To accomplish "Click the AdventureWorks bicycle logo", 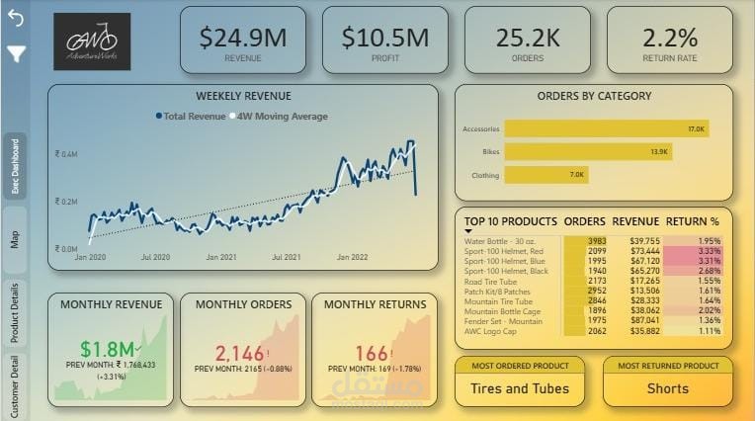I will (x=92, y=41).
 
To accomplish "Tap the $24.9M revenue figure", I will (x=243, y=38).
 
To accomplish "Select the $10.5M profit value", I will (x=384, y=38).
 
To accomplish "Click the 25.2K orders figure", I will (x=528, y=38).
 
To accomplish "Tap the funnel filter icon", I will (x=17, y=53).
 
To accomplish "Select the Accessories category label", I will (x=480, y=129).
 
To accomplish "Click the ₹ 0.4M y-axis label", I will (x=66, y=155).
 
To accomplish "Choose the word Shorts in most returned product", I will (x=667, y=388).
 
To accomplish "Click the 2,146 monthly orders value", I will (x=241, y=353).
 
